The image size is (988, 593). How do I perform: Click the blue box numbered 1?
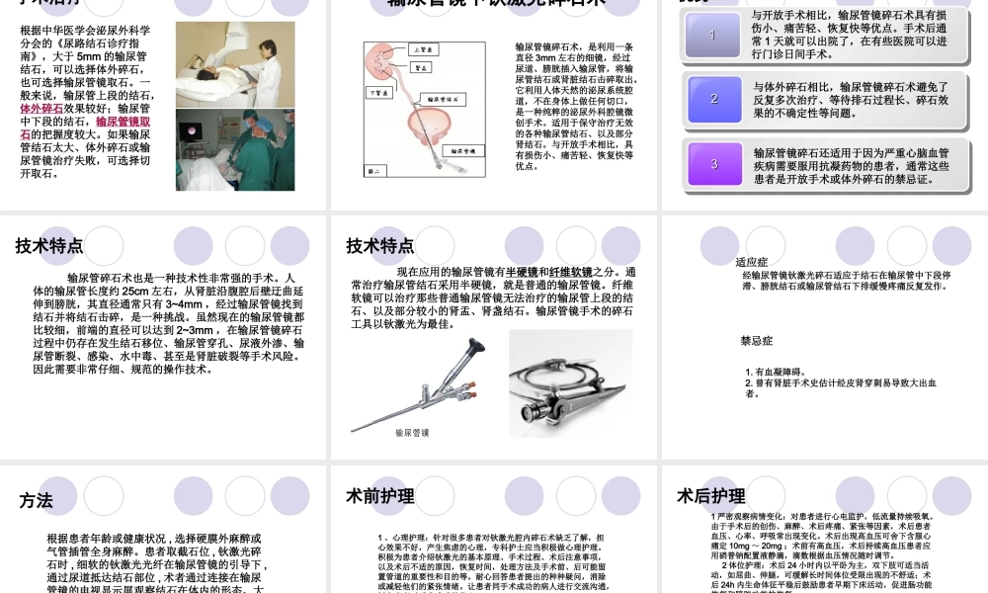pos(712,36)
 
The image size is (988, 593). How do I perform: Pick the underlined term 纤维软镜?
pos(572,272)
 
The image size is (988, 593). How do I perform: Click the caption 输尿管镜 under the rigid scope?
pos(412,432)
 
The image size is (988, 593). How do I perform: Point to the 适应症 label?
pos(752,262)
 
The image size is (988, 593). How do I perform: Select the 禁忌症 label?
pos(756,340)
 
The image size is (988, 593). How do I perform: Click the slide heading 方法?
pos(36,500)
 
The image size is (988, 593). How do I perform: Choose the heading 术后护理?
pos(711,496)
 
